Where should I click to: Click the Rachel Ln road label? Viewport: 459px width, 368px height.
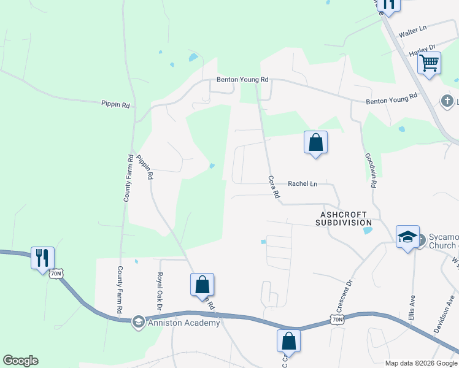click(x=303, y=183)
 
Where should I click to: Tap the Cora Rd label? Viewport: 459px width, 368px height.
click(x=274, y=187)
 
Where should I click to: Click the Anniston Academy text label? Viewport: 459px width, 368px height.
click(x=183, y=323)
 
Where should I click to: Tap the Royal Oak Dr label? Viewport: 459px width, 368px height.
click(x=160, y=290)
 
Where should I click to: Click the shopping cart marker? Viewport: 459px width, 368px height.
click(x=429, y=63)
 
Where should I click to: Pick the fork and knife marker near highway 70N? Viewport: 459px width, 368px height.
click(x=42, y=258)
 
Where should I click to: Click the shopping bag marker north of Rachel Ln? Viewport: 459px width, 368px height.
click(x=315, y=142)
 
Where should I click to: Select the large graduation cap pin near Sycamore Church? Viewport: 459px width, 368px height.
click(x=407, y=237)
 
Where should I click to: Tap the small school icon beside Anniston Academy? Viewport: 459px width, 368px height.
click(x=139, y=323)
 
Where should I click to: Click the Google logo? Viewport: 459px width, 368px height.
click(x=20, y=361)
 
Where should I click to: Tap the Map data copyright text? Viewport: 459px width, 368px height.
click(x=420, y=363)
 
